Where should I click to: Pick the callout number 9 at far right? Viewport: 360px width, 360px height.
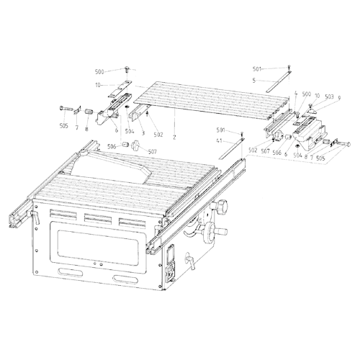(338, 96)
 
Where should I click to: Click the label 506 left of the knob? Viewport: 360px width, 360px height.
(112, 146)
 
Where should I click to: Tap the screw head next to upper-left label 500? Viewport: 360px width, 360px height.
(127, 69)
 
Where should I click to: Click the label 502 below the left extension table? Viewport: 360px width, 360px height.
(158, 134)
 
